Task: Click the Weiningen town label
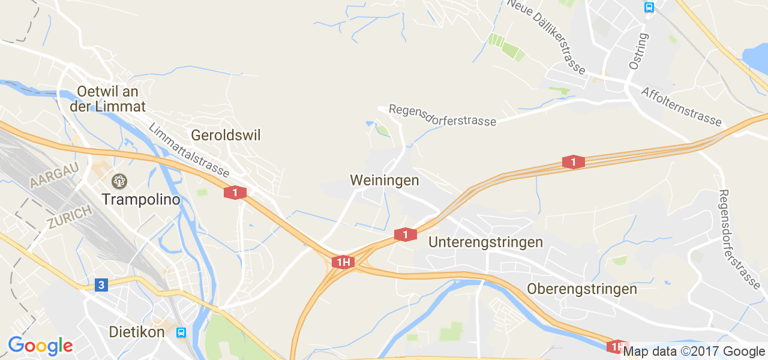384,180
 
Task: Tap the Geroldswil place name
226,135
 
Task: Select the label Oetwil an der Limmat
108,99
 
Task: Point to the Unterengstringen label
486,242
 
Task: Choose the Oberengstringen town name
582,289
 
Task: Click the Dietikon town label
137,332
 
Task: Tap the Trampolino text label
141,199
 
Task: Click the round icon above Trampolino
119,180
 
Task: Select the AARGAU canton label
55,174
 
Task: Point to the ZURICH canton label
70,217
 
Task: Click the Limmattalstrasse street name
188,150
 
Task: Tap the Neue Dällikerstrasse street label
546,36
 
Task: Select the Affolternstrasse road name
681,107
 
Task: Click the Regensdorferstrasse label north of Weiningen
443,115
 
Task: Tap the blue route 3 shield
101,284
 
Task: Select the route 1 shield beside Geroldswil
235,193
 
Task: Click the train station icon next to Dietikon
181,332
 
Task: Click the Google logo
40,346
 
